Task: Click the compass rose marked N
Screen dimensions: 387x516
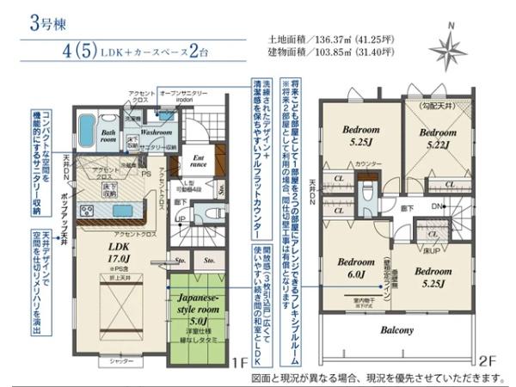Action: point(448,51)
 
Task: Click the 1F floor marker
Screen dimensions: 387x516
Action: point(243,362)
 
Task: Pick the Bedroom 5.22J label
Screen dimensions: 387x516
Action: point(438,140)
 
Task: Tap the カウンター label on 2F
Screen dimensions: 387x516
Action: point(368,163)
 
